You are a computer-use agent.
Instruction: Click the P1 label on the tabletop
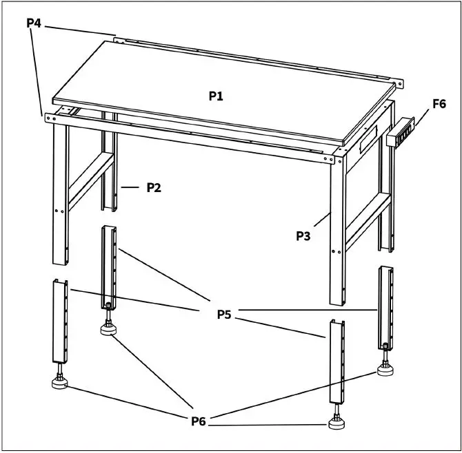[x=216, y=96]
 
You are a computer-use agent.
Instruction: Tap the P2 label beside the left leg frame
[x=153, y=187]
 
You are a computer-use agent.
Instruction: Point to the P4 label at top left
[x=34, y=23]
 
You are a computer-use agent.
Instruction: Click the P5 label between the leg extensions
[x=224, y=315]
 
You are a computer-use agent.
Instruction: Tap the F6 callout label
[x=439, y=105]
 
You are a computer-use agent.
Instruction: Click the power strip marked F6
[x=402, y=133]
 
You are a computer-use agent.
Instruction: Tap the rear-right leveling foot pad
[x=387, y=370]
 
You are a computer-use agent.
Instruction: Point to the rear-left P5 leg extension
[x=110, y=265]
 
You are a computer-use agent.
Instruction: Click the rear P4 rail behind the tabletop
[x=255, y=57]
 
